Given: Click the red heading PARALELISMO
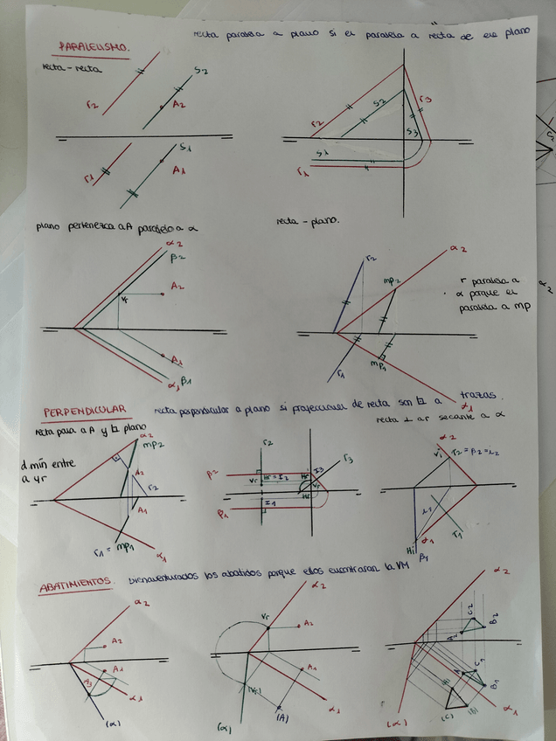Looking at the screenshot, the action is pos(94,46).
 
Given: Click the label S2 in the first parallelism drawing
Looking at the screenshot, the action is pos(200,70).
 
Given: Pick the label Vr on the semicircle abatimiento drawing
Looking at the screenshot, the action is pos(264,617).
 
